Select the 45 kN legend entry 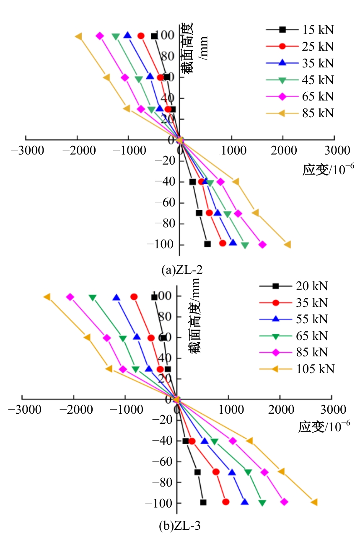point(300,80)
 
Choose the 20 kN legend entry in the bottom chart point(293,286)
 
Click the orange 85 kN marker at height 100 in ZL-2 point(78,36)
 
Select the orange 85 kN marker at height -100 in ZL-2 point(287,245)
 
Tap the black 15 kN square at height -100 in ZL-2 point(207,244)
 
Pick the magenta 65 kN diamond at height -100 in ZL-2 point(262,245)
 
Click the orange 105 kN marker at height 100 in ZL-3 point(47,297)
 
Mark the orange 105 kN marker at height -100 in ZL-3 point(314,502)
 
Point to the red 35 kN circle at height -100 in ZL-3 point(225,502)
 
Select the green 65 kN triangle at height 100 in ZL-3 point(92,297)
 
